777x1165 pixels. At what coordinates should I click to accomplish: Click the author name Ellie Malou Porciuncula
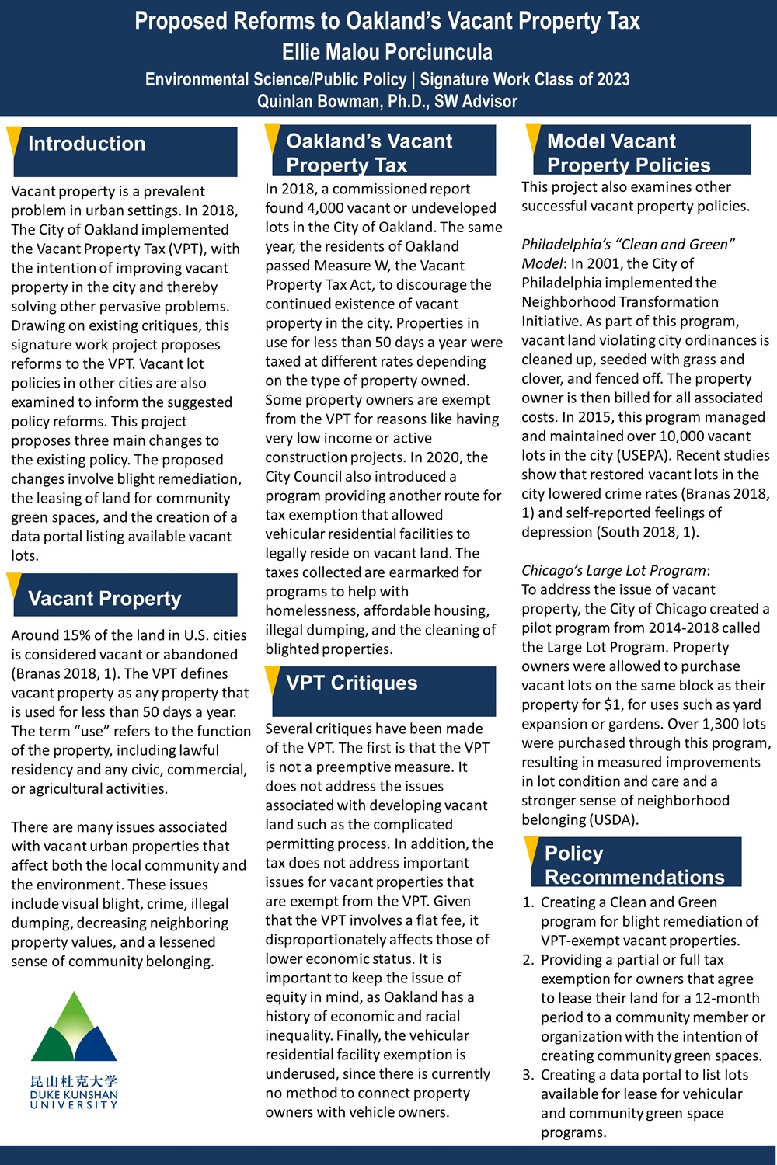click(387, 52)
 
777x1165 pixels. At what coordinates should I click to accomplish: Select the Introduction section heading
click(86, 144)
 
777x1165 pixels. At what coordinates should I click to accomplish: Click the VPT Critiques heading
click(351, 683)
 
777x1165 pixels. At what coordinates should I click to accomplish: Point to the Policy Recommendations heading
click(634, 864)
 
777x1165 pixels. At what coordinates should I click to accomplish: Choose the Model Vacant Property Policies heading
click(628, 152)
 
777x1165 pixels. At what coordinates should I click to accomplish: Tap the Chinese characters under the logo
click(74, 1081)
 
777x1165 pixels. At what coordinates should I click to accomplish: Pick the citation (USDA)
click(613, 820)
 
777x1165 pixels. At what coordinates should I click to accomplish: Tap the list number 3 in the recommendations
click(528, 1075)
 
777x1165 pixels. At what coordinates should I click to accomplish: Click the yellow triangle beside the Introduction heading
click(13, 140)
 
